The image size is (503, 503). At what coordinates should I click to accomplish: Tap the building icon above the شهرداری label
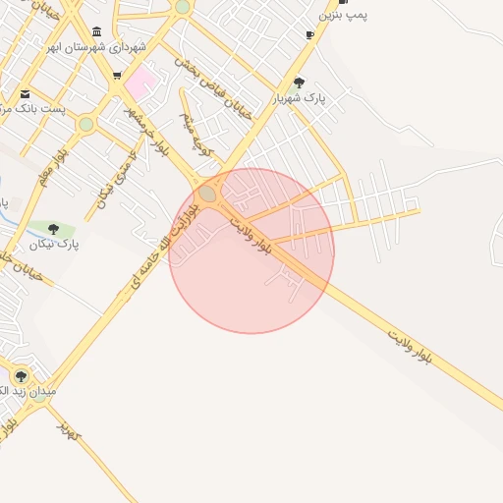tap(95, 32)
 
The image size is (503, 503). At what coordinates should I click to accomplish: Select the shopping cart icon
tap(117, 76)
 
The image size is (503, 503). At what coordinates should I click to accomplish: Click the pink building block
tap(140, 82)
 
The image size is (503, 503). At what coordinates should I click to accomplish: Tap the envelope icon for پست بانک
tap(25, 94)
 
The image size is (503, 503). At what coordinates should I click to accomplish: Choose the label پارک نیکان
tap(53, 244)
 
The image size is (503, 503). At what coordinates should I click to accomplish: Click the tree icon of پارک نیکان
tap(53, 229)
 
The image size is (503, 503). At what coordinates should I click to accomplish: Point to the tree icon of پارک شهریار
tap(300, 83)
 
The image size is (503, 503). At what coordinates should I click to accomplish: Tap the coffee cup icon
tap(309, 35)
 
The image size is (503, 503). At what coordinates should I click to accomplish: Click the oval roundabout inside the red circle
tap(207, 195)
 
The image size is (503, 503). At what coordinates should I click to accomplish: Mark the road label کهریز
tap(67, 428)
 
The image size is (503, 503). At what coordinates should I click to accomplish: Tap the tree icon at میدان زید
tap(21, 376)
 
